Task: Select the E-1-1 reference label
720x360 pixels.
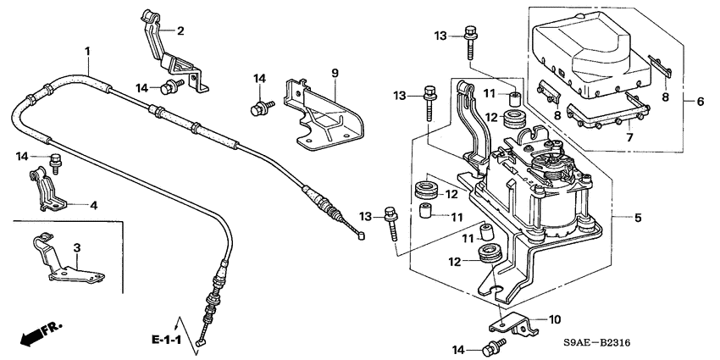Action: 167,341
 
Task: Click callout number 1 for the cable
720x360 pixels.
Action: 87,51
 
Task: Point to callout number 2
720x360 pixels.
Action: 180,31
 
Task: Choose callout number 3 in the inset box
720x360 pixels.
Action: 77,248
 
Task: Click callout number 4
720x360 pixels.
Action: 94,205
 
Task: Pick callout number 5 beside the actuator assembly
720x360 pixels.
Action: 638,218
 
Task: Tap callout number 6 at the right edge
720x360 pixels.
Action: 701,102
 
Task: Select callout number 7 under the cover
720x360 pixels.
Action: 629,137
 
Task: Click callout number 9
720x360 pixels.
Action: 335,73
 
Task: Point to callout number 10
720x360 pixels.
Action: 555,319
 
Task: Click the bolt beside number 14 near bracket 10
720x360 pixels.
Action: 494,347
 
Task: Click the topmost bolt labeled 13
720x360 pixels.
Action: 470,42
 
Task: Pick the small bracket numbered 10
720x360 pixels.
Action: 514,323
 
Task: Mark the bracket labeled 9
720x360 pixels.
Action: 324,116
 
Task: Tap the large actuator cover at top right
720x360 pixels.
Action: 591,55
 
